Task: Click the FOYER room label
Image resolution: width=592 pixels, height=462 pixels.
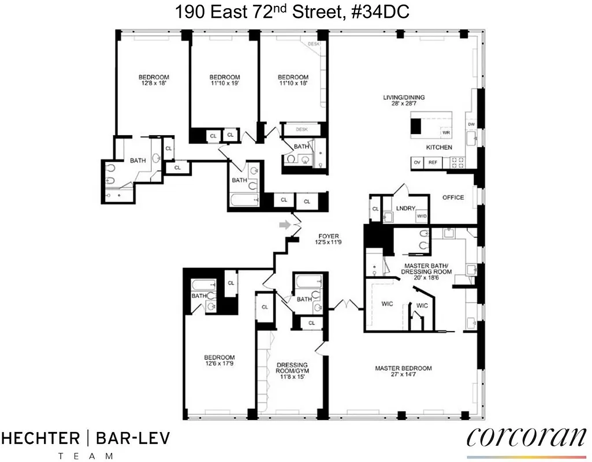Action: [327, 236]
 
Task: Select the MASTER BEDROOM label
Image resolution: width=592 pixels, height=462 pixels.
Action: [403, 368]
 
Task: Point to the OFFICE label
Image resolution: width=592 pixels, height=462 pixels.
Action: [453, 198]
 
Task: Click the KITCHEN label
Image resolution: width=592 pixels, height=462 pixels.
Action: [439, 148]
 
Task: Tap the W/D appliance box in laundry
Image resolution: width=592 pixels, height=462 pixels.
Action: [422, 217]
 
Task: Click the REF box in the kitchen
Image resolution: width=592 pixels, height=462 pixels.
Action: [433, 163]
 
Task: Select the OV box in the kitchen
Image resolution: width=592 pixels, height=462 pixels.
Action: [417, 163]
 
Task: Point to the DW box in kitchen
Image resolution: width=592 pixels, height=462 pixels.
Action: [471, 124]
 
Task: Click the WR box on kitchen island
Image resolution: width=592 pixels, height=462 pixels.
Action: [445, 132]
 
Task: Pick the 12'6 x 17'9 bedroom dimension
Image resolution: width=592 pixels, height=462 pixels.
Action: [219, 364]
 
